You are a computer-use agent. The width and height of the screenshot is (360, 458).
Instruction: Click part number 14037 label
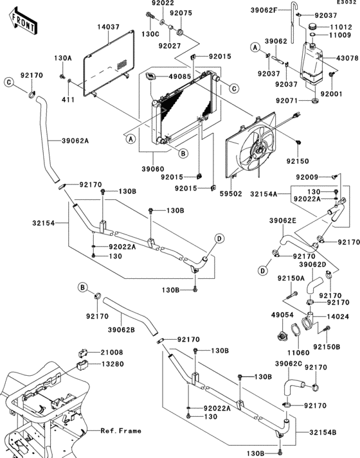tap(109, 27)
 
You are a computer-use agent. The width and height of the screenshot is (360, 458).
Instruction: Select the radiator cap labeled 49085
tap(151, 77)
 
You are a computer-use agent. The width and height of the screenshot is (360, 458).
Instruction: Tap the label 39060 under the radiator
tap(153, 169)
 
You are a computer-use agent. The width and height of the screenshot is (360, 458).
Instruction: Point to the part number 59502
tap(231, 193)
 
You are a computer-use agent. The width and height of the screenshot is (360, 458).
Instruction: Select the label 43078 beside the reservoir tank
tap(347, 58)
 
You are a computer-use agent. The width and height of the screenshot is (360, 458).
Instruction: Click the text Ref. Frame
tap(121, 431)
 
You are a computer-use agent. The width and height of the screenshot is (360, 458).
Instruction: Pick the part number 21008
tap(113, 353)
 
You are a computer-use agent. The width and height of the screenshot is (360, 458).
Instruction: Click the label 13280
tap(113, 364)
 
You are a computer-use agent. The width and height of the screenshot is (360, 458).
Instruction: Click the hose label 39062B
tap(122, 330)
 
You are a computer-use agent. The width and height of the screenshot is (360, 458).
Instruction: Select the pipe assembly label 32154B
tap(323, 432)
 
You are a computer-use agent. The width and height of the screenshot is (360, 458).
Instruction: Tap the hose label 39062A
tap(75, 141)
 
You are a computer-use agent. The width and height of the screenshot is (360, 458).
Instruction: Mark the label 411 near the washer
tap(68, 100)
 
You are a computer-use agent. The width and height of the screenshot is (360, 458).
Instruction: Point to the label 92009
tap(307, 177)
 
